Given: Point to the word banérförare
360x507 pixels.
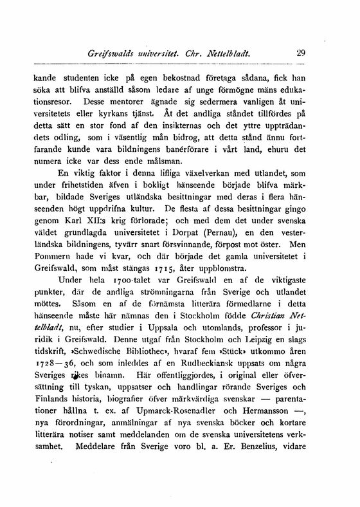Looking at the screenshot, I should (191, 151).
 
